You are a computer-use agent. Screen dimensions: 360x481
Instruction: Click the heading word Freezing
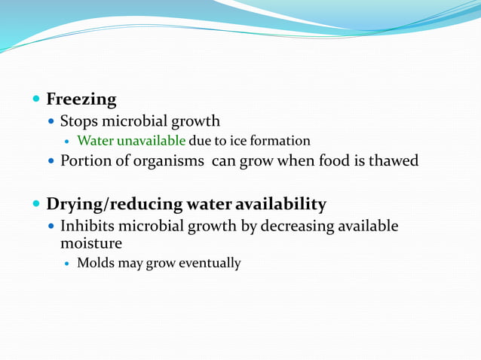coord(81,99)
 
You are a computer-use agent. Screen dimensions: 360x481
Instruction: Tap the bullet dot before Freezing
coord(37,99)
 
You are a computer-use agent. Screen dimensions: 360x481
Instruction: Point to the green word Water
coord(94,141)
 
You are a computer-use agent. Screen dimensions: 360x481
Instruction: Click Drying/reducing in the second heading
coord(114,204)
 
